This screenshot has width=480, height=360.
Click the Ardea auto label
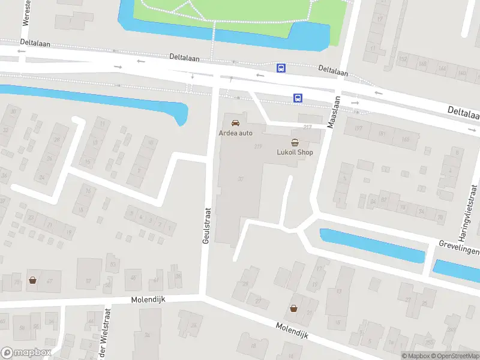[x=236, y=133]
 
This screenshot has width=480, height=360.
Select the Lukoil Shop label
[x=295, y=152]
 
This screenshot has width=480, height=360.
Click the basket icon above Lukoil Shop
[x=295, y=142]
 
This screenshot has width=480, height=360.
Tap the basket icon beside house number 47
[x=32, y=280]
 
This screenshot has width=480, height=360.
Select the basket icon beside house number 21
[x=293, y=308]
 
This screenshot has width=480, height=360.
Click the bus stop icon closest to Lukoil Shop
[x=297, y=98]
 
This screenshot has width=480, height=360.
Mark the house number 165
[x=406, y=139]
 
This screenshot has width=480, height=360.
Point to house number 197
[x=359, y=128]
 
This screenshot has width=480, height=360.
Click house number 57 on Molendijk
[x=88, y=280]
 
